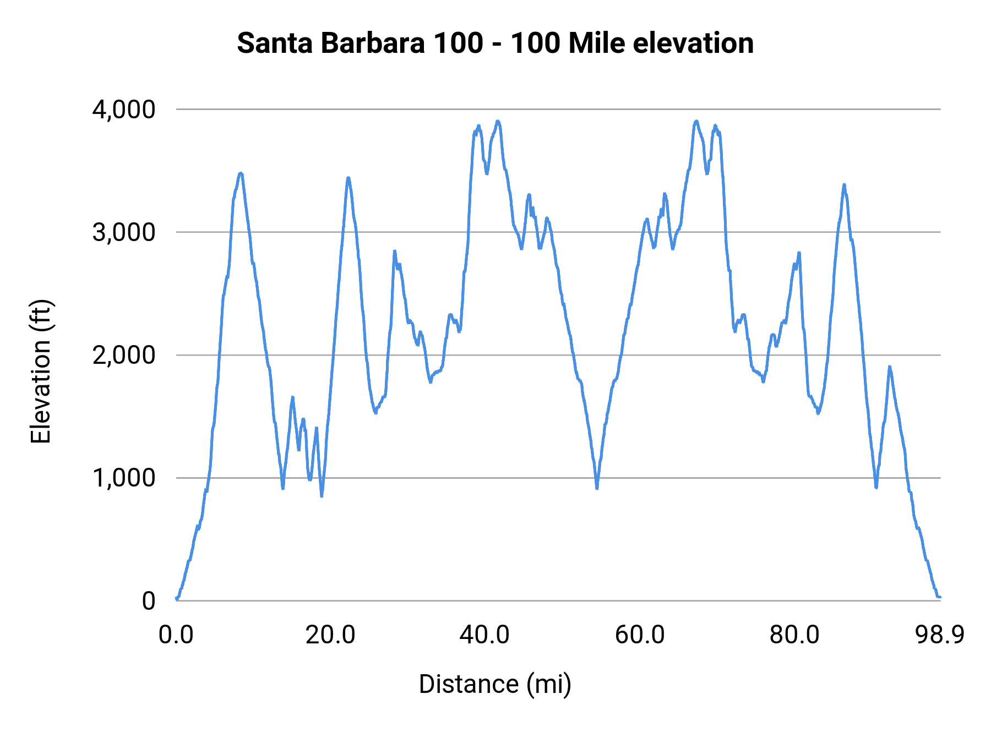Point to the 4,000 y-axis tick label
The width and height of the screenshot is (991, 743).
(x=124, y=110)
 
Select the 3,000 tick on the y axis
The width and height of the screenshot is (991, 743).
(x=124, y=232)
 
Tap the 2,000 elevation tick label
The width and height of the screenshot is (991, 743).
(x=124, y=356)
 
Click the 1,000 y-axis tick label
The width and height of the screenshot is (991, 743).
(x=124, y=478)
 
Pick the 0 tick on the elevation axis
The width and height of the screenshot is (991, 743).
(x=149, y=601)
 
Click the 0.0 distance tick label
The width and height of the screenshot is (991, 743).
(x=176, y=635)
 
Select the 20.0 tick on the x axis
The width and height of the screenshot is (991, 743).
(x=330, y=635)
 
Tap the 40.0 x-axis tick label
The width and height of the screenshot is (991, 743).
(x=484, y=635)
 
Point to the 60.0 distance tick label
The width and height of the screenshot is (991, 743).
(x=640, y=635)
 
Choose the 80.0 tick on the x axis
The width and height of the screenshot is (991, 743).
(x=794, y=635)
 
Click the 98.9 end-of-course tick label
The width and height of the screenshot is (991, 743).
(x=940, y=635)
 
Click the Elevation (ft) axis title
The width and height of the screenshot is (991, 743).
(x=41, y=371)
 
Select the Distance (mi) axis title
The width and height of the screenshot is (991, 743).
(x=495, y=684)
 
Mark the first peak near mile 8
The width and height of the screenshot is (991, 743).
(x=240, y=174)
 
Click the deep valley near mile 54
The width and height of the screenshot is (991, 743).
(x=597, y=487)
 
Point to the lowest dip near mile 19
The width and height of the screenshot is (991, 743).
(x=322, y=495)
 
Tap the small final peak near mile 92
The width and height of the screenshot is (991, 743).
(x=889, y=367)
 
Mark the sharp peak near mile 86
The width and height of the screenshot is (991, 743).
(x=844, y=185)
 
